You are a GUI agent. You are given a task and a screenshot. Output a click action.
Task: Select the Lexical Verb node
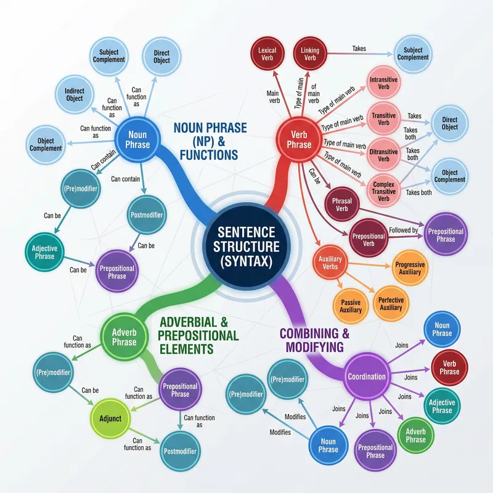[x=267, y=54]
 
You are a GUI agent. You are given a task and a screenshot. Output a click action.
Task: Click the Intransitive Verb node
[x=383, y=84]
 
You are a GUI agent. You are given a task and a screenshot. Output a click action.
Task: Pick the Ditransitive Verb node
[x=383, y=154]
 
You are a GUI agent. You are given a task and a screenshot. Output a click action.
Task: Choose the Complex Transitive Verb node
[x=383, y=190]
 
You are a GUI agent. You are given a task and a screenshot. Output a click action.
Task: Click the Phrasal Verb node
[x=341, y=205]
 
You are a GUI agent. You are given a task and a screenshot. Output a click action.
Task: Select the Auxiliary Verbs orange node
[x=330, y=264]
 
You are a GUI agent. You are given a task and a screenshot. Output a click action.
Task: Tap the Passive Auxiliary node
[x=351, y=306]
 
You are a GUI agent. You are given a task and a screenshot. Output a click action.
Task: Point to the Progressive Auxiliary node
[x=409, y=267]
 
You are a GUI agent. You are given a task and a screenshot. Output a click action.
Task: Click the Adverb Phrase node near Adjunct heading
[x=124, y=338]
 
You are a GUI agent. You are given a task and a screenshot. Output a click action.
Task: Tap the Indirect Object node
[x=74, y=94]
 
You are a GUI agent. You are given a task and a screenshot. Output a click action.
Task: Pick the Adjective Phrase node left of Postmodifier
[x=44, y=253]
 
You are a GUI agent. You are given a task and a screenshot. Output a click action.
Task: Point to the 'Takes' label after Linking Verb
[x=359, y=48]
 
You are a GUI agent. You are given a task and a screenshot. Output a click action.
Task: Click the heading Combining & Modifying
[x=314, y=341]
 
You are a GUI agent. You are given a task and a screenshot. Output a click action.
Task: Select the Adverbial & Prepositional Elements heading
[x=198, y=335]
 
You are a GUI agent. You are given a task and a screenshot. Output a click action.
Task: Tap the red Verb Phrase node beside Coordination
[x=449, y=367]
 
